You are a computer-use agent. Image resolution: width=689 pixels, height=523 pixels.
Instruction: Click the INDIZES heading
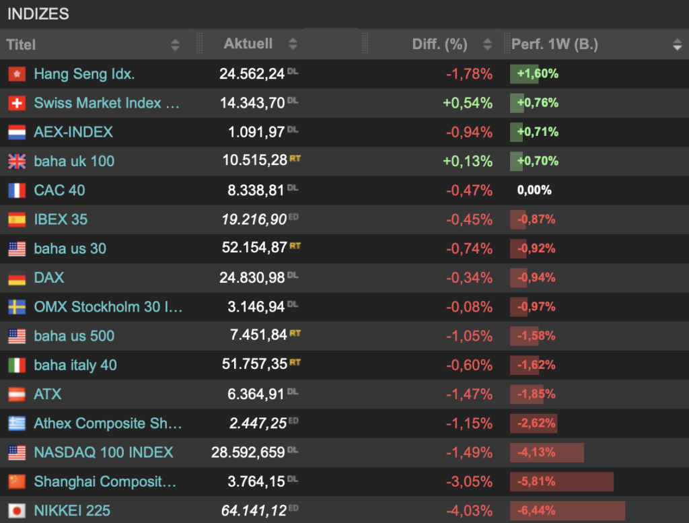[x=38, y=14]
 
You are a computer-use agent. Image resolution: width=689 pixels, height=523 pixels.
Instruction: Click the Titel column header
[x=21, y=44]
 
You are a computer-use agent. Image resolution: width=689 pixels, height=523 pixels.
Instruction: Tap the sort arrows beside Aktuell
[x=293, y=44]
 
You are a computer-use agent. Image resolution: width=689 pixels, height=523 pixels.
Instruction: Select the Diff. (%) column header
[x=439, y=44]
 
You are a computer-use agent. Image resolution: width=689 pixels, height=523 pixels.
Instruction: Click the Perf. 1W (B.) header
[x=554, y=44]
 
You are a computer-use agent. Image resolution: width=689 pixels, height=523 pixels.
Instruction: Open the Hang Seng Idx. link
[x=84, y=74]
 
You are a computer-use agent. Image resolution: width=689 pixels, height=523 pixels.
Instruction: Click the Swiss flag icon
[x=17, y=103]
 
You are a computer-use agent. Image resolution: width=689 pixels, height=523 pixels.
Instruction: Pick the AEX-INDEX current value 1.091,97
[x=256, y=132]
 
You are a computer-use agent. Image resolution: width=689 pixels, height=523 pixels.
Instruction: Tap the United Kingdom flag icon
[x=17, y=162]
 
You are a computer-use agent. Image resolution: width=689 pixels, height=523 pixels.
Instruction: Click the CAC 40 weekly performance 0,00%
[x=534, y=190]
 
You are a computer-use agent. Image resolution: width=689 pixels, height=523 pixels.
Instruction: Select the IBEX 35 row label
[x=61, y=219]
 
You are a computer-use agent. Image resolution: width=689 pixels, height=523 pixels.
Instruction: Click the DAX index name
[x=48, y=278]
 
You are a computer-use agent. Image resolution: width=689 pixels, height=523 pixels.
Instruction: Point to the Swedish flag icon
[x=17, y=307]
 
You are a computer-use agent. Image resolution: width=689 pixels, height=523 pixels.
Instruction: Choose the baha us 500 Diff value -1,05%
[x=469, y=336]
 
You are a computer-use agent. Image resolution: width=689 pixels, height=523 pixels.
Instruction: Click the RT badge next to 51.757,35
[x=295, y=362]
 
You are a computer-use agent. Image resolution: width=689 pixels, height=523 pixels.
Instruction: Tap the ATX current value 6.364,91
[x=256, y=394]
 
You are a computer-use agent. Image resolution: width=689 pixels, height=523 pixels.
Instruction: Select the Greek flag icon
[x=17, y=423]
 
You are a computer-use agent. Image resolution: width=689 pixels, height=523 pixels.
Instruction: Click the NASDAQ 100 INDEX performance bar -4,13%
[x=546, y=452]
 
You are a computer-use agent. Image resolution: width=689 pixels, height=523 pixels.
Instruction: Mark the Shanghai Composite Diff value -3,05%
[x=469, y=482]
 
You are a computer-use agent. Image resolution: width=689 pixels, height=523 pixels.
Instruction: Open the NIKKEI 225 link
[x=72, y=511]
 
